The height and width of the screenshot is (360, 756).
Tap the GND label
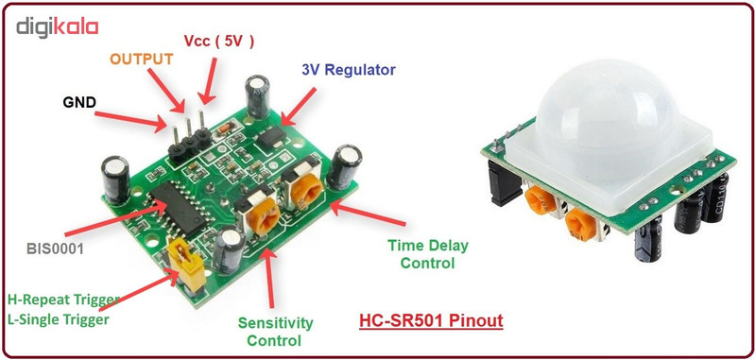tap(79, 101)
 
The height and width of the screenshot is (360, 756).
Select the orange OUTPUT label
tap(142, 59)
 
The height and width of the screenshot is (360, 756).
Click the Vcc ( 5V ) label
tap(218, 42)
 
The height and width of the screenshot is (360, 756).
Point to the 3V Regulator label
tap(349, 70)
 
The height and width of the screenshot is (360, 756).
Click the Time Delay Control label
tap(427, 254)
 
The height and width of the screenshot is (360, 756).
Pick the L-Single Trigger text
tap(58, 319)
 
